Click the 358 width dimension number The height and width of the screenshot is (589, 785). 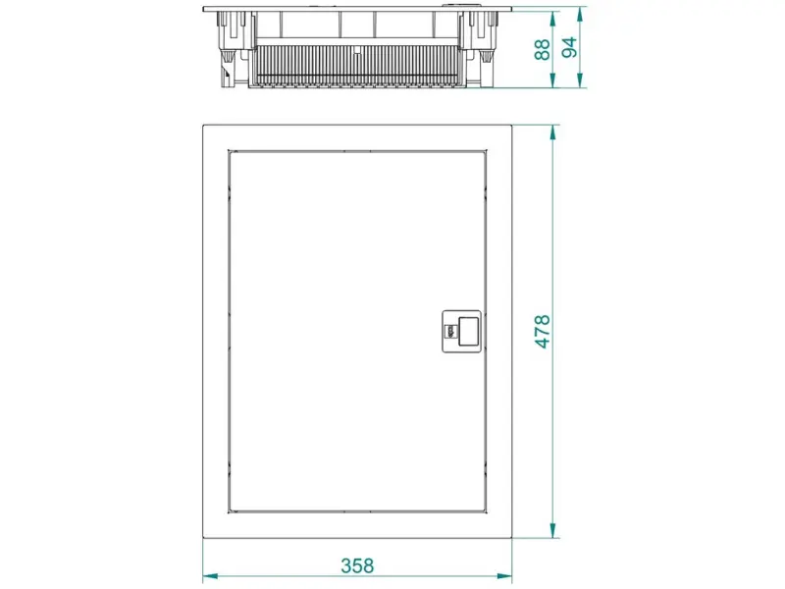pos(357,565)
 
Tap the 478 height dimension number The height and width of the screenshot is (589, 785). pos(543,332)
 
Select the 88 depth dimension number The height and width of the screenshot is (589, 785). pos(542,50)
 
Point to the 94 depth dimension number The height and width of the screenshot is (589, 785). pos(569,47)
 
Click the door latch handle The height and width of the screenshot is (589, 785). pos(461,332)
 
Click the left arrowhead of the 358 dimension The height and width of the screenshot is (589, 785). pos(210,576)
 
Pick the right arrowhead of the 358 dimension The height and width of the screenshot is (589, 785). pos(504,576)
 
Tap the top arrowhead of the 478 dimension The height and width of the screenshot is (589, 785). pos(552,133)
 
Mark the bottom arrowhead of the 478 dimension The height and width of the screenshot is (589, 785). pos(552,531)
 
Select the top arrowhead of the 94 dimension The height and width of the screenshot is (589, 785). pos(580,15)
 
